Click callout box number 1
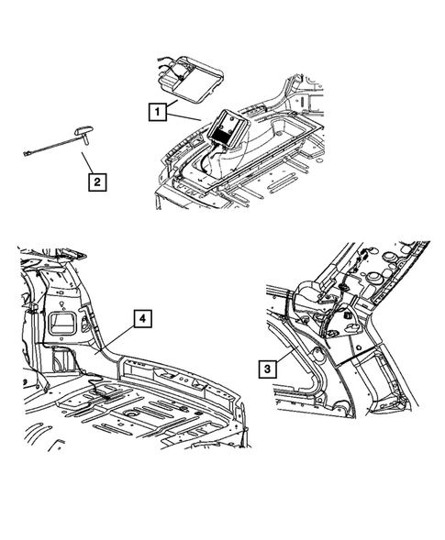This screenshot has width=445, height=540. (159, 113)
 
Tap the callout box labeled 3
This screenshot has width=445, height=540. (265, 369)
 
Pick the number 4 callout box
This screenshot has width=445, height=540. (142, 319)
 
